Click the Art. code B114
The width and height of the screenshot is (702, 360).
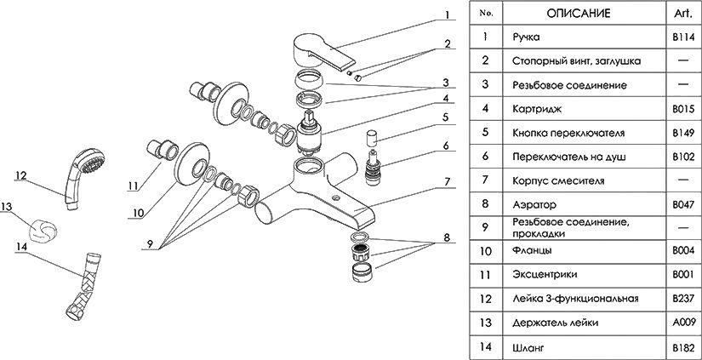click(683, 37)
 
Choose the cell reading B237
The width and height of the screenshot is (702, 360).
click(683, 300)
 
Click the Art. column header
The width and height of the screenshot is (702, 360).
click(683, 14)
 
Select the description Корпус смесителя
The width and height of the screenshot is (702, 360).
click(558, 180)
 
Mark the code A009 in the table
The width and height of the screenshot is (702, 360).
click(683, 323)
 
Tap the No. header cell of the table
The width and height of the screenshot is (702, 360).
click(486, 14)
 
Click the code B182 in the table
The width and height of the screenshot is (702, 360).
click(683, 347)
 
